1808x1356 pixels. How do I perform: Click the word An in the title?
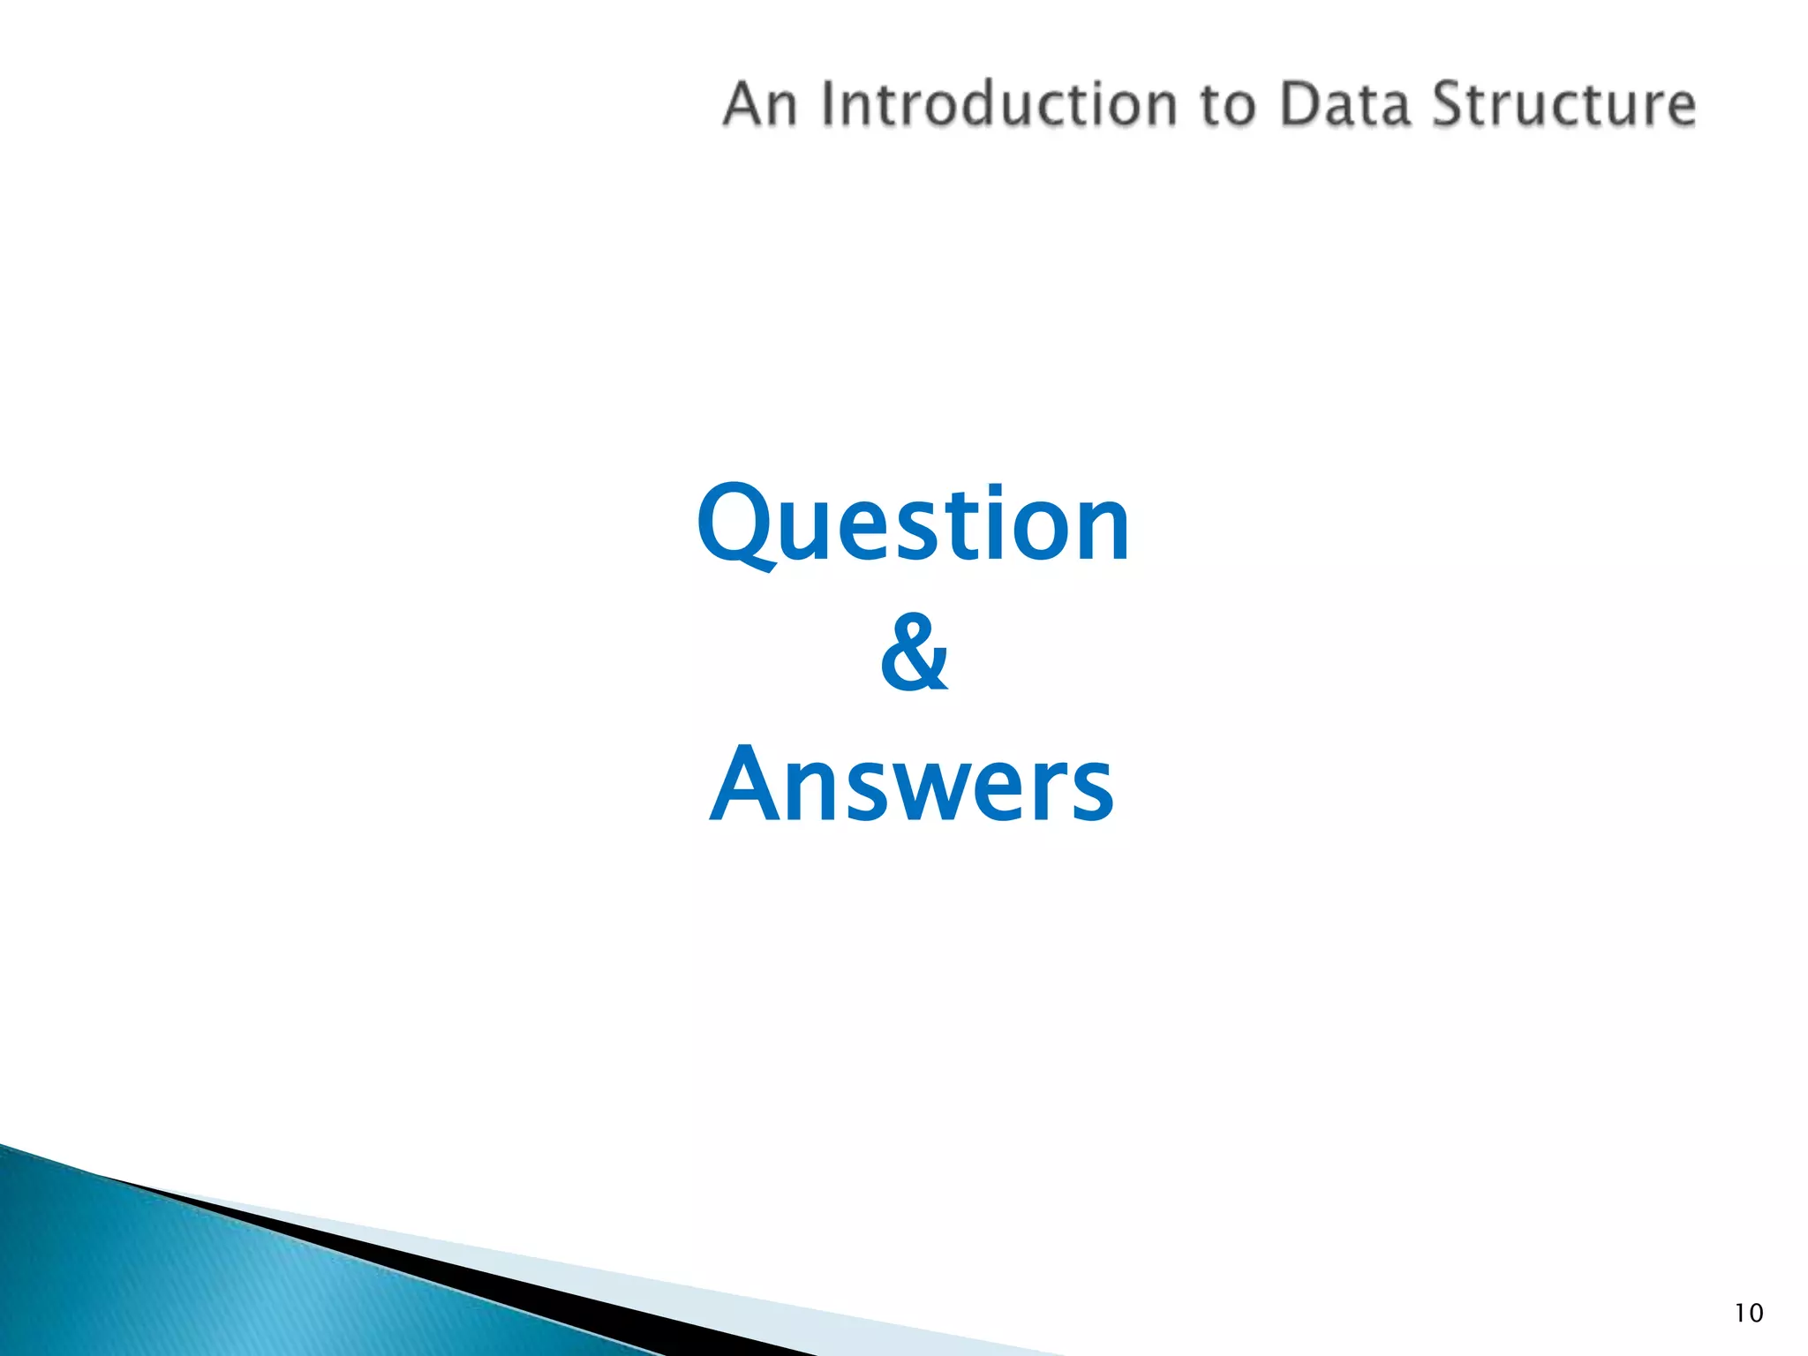click(761, 104)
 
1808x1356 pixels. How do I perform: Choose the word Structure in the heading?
click(1563, 104)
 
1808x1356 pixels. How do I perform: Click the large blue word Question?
click(913, 524)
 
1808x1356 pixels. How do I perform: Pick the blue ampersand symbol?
click(915, 654)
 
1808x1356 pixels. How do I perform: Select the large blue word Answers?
click(913, 783)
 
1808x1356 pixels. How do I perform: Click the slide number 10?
click(1748, 1314)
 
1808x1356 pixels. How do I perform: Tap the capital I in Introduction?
click(828, 104)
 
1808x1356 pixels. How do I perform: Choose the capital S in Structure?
click(1450, 104)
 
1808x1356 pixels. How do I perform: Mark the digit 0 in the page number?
click(1755, 1314)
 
